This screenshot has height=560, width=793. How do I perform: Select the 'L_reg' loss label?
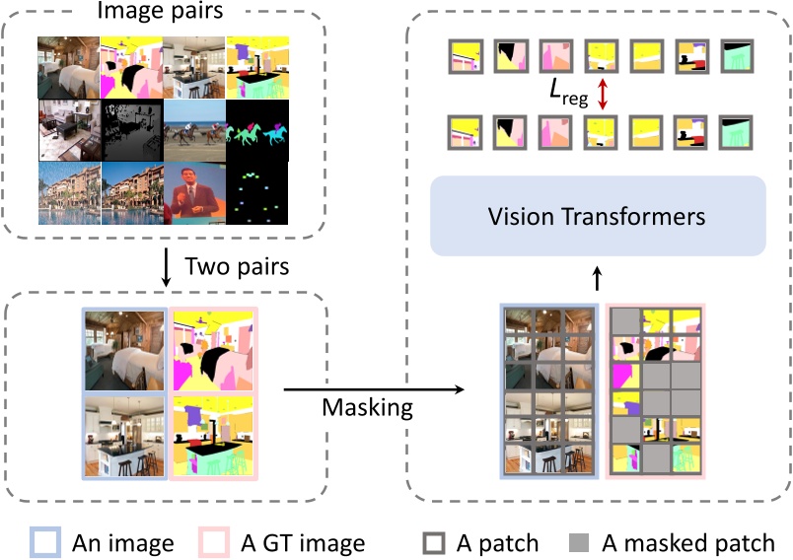tap(563, 97)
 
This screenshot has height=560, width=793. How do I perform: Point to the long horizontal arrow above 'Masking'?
tap(375, 387)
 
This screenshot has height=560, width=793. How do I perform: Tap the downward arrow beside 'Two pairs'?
tap(166, 268)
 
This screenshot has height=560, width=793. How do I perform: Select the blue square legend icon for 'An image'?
tap(46, 542)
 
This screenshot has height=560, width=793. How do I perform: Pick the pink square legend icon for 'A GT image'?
tap(215, 542)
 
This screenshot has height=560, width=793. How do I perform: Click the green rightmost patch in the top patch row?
tap(738, 57)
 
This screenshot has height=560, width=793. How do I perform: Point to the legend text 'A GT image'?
tap(302, 542)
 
